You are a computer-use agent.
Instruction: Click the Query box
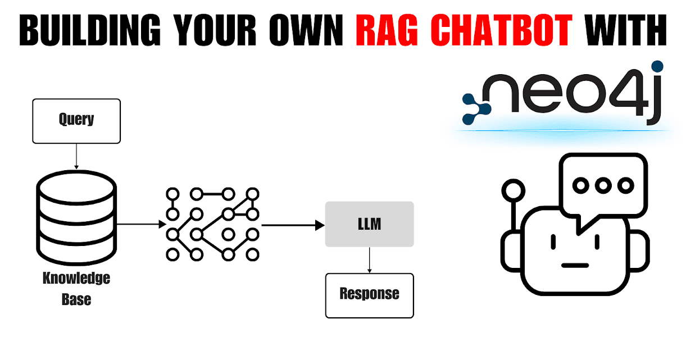click(76, 120)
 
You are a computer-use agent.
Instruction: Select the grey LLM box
click(369, 224)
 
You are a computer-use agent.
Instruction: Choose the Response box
click(369, 295)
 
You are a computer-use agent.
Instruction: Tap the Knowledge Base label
click(76, 289)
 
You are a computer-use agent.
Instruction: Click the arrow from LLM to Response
click(369, 259)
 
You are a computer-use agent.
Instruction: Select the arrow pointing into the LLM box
click(293, 225)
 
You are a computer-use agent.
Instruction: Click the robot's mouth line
click(574, 265)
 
